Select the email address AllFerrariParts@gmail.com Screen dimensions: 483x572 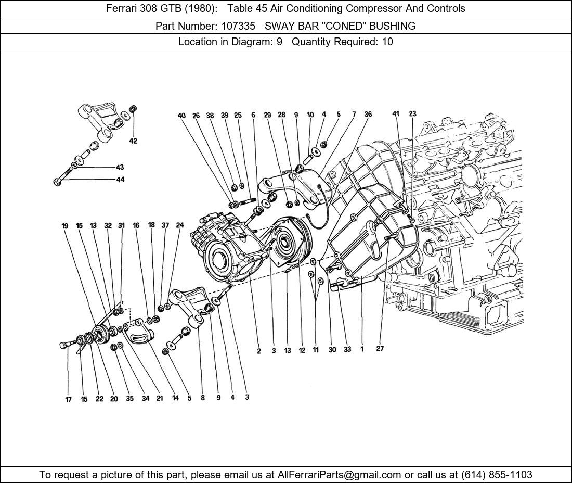pos(340,475)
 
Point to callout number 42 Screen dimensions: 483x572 pos(133,141)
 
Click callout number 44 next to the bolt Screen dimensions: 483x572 pos(120,180)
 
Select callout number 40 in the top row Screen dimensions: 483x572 pos(181,116)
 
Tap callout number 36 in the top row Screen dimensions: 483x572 pos(368,115)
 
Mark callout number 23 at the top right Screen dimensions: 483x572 pos(412,114)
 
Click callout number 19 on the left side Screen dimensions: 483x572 pos(65,226)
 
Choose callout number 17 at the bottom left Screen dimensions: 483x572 pos(68,400)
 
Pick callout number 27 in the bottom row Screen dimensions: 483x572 pos(380,349)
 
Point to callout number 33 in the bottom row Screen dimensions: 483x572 pos(347,350)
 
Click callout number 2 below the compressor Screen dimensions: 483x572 pos(258,351)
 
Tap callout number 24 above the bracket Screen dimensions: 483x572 pos(180,225)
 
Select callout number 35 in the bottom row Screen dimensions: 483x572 pos(129,399)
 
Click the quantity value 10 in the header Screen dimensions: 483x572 pos(387,42)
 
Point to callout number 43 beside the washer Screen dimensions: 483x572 pos(120,167)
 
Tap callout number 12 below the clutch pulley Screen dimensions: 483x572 pos(302,351)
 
